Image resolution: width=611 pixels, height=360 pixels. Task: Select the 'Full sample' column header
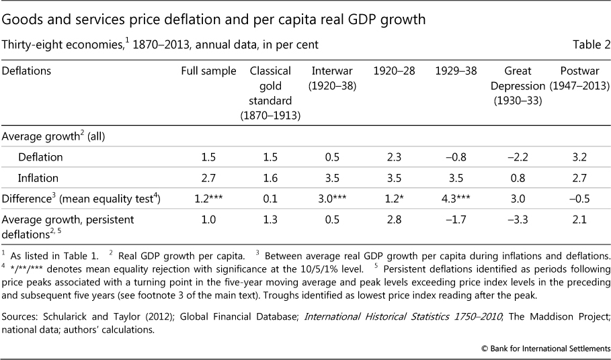[x=208, y=70]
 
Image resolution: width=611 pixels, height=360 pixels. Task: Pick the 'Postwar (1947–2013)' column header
[x=579, y=78]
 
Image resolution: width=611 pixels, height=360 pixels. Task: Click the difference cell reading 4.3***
[x=454, y=199]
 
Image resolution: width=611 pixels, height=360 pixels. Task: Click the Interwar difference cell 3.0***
[x=333, y=199]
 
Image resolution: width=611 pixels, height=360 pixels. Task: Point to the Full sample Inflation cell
[x=208, y=178]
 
